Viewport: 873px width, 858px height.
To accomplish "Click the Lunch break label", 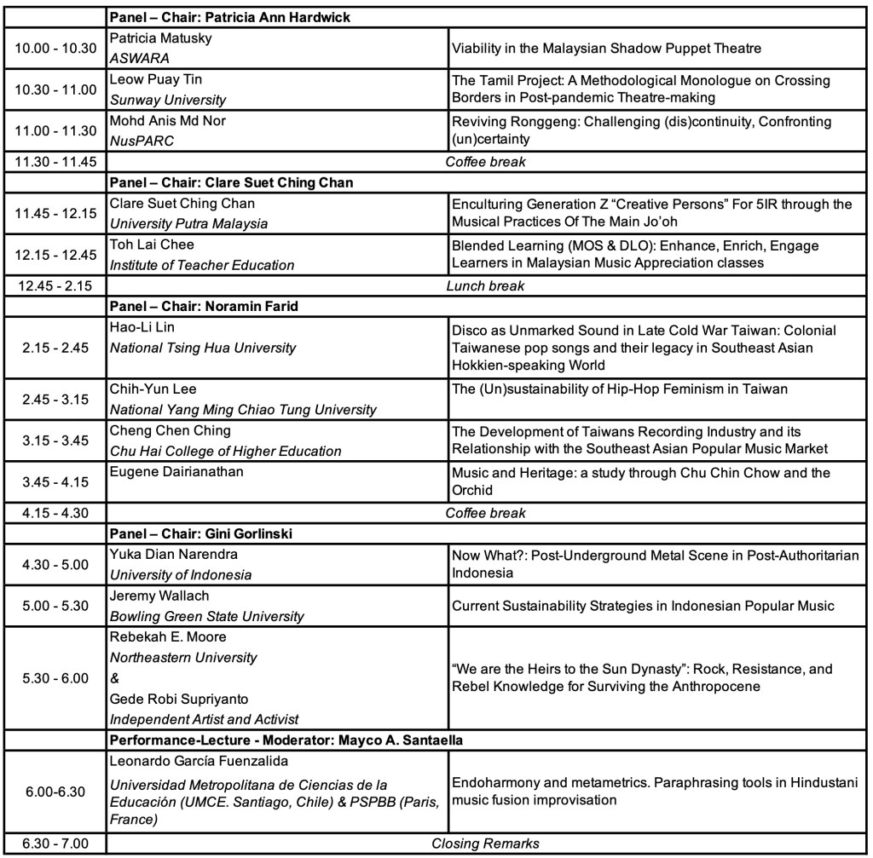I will pyautogui.click(x=485, y=286).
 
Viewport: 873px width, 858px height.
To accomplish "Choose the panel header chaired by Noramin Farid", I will pyautogui.click(x=204, y=306).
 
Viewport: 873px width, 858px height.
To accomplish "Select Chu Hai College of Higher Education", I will pyautogui.click(x=225, y=451).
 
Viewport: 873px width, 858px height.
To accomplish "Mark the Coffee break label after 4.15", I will pyautogui.click(x=485, y=513).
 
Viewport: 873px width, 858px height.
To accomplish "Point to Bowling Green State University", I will pyautogui.click(x=206, y=616).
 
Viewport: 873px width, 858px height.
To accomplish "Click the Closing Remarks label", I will pyautogui.click(x=485, y=844).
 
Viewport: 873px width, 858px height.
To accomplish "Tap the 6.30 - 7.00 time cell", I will pyautogui.click(x=53, y=844).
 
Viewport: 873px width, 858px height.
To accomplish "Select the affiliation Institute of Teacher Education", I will pyautogui.click(x=202, y=265).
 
